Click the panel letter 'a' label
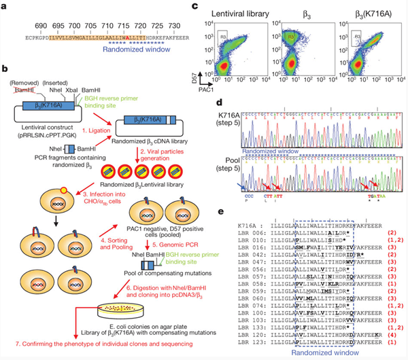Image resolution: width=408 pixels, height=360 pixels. [x=5, y=7]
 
